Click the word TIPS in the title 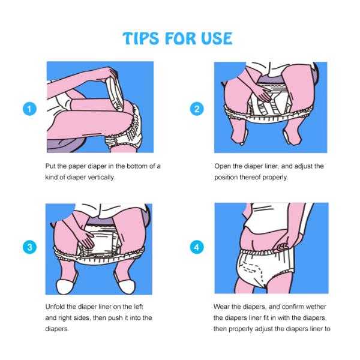pyautogui.click(x=141, y=38)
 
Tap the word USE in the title pyautogui.click(x=217, y=38)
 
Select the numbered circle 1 pyautogui.click(x=29, y=109)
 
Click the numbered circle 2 pyautogui.click(x=197, y=109)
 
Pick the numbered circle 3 pyautogui.click(x=29, y=247)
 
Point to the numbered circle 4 pyautogui.click(x=197, y=247)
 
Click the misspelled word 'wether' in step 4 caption pyautogui.click(x=316, y=307)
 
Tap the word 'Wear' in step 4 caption pyautogui.click(x=221, y=307)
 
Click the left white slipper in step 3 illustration pyautogui.click(x=65, y=286)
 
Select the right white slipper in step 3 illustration pyautogui.click(x=127, y=286)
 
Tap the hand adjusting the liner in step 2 pyautogui.click(x=262, y=94)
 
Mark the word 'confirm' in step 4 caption pyautogui.click(x=293, y=307)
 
